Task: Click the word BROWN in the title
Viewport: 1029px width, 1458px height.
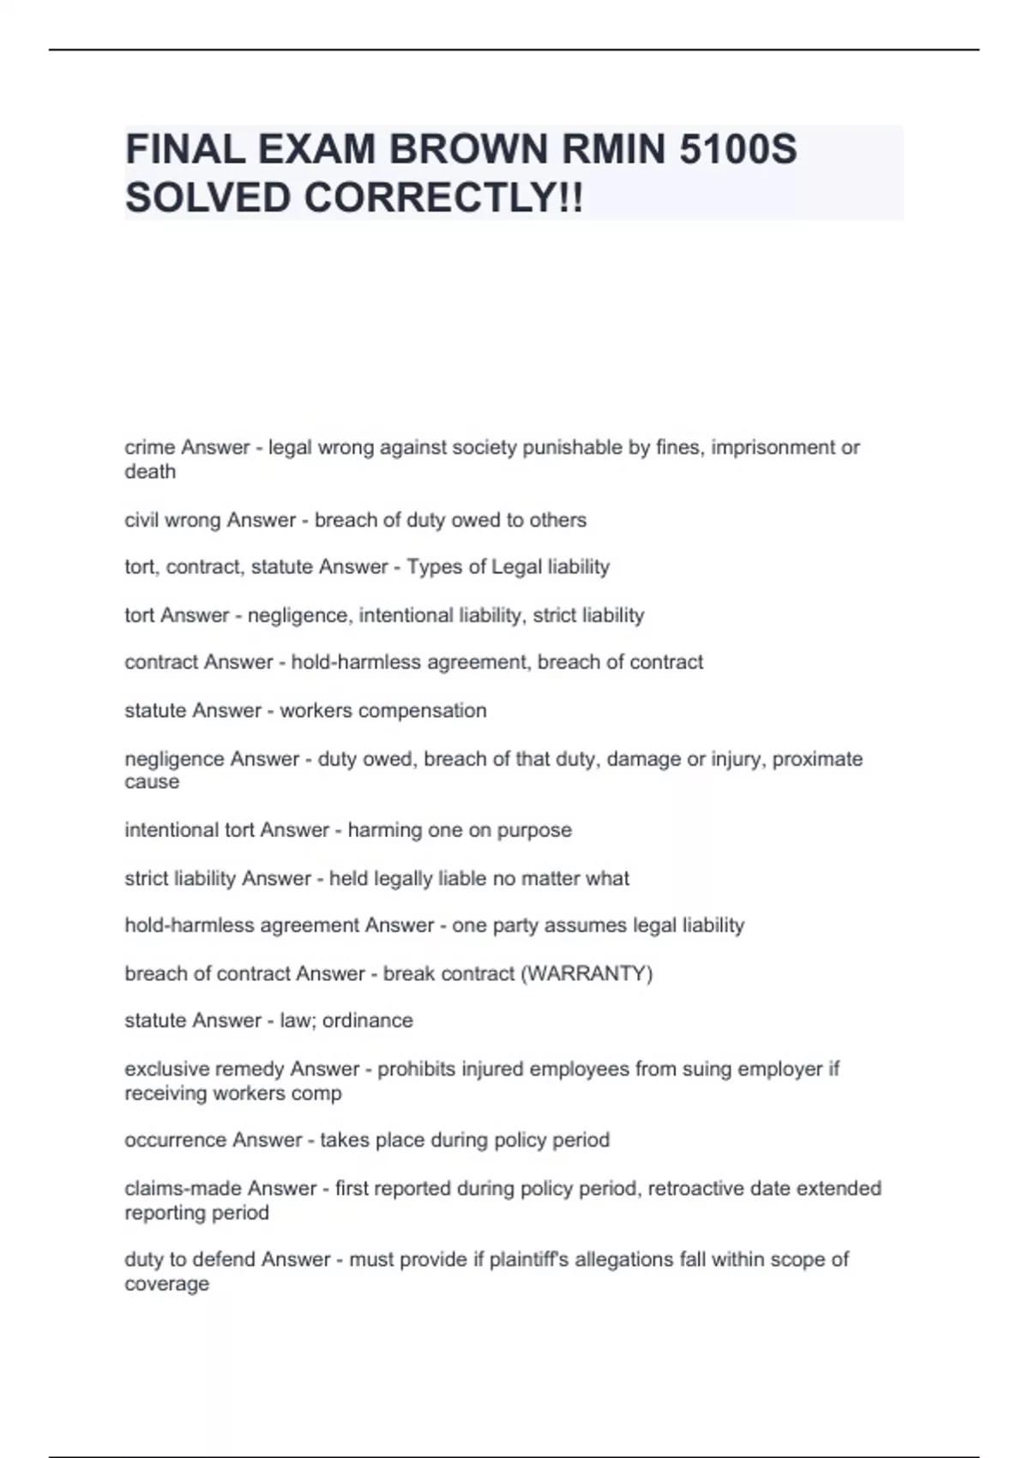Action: click(x=468, y=149)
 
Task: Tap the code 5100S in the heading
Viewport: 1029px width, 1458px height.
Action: click(x=737, y=149)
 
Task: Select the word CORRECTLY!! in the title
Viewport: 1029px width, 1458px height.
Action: click(x=443, y=198)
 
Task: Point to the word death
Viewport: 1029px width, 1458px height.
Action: click(x=150, y=472)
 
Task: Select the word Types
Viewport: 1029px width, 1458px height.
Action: click(x=434, y=567)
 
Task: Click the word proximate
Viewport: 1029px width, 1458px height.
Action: click(x=817, y=759)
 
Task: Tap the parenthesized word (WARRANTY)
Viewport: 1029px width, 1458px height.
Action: click(x=587, y=973)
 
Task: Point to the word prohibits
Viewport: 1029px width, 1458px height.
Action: click(x=417, y=1069)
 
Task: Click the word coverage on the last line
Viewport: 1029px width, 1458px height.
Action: click(x=166, y=1284)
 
